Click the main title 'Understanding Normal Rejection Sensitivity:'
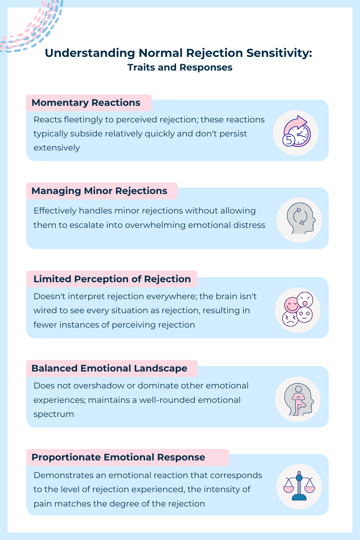tap(178, 53)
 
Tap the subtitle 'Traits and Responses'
tap(180, 67)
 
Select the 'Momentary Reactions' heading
tap(86, 103)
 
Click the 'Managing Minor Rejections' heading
tap(99, 191)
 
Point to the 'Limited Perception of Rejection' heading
tap(112, 279)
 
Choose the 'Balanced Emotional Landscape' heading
tap(109, 368)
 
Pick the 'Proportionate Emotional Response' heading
tap(118, 457)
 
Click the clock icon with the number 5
tap(296, 132)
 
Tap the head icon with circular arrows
tap(299, 220)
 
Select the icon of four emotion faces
tap(298, 309)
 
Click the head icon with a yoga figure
tap(298, 399)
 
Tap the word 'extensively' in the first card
tap(57, 148)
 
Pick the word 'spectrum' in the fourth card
tap(54, 414)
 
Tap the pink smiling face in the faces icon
tap(292, 305)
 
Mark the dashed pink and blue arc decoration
tap(32, 27)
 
